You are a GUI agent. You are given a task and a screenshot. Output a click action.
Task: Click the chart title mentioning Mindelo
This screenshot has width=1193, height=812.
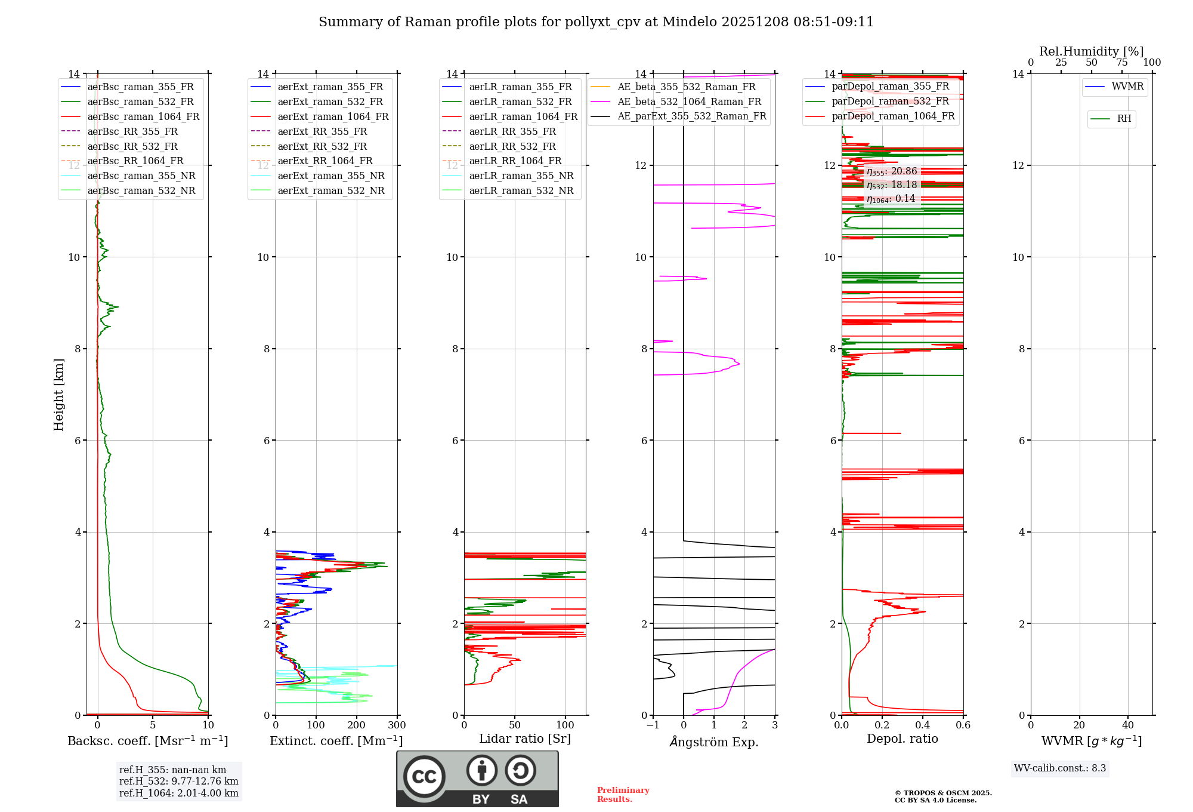[x=596, y=22]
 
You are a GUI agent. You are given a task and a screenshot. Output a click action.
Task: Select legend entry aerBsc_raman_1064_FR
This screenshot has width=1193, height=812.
[x=143, y=117]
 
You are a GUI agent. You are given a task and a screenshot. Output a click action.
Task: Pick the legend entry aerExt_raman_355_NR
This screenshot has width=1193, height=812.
[x=331, y=176]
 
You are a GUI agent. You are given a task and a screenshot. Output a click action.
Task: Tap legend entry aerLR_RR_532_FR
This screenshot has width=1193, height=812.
[x=512, y=146]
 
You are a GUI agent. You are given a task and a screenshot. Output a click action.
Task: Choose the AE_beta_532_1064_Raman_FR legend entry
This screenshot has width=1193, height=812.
[x=689, y=102]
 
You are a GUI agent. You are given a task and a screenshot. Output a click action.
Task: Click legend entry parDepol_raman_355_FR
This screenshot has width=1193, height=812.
[x=890, y=87]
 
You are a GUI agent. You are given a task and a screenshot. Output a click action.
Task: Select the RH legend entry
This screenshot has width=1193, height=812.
[x=1124, y=119]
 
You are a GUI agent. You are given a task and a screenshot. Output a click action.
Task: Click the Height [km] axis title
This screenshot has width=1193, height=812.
[x=58, y=394]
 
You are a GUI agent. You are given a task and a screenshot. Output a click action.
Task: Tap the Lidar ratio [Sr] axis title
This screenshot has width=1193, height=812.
[x=525, y=739]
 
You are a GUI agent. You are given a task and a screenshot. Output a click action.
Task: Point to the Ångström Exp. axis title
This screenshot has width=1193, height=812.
[x=714, y=742]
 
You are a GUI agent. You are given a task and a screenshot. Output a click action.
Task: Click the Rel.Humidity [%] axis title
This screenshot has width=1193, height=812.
[x=1091, y=51]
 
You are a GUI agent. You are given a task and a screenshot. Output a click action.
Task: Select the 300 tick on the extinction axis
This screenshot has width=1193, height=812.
[x=397, y=725]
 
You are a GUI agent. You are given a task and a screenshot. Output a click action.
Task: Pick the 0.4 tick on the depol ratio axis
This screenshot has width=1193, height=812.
[x=923, y=725]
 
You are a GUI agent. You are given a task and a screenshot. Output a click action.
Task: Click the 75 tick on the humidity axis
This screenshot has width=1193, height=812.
[x=1121, y=63]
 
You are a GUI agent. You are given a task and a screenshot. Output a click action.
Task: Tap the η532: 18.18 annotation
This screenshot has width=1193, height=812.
[x=892, y=185]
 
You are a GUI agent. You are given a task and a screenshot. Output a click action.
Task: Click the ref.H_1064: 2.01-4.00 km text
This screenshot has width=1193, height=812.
[x=178, y=793]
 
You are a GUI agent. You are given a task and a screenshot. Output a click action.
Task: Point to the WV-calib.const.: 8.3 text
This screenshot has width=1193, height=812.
[x=1060, y=768]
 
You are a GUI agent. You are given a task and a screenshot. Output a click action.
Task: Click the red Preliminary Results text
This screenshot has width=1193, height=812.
[x=623, y=795]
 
